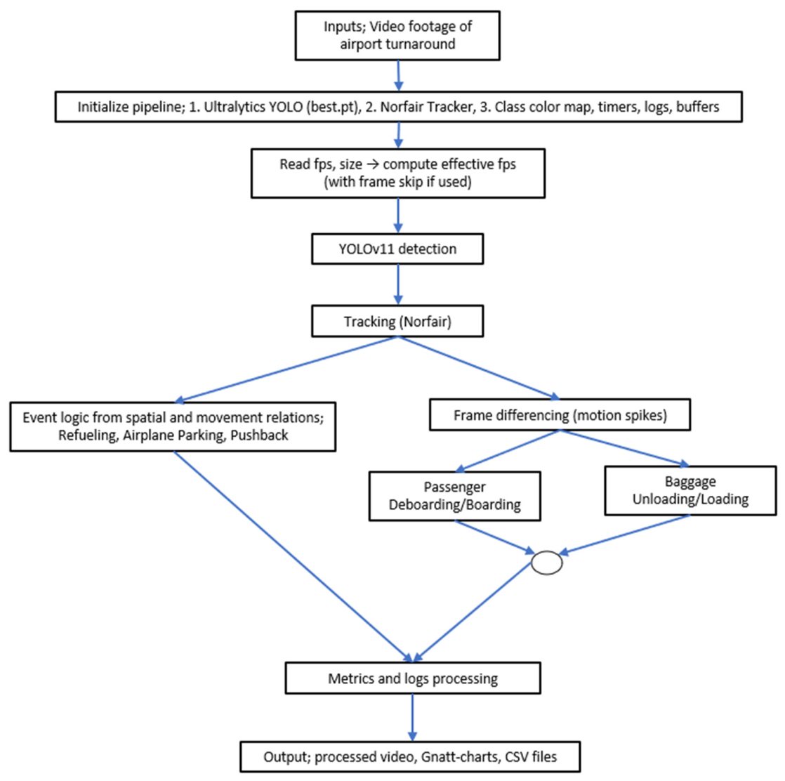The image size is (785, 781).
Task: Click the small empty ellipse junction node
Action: point(546,562)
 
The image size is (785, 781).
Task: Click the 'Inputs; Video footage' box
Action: point(397,36)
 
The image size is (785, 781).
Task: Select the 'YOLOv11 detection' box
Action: point(397,249)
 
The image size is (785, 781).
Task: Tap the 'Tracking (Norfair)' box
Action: point(397,321)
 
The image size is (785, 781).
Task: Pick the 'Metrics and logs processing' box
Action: point(413,678)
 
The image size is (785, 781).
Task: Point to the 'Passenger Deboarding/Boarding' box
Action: point(454,496)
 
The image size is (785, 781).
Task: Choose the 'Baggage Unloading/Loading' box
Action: point(690,491)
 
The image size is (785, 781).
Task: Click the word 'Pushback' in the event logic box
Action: point(259,435)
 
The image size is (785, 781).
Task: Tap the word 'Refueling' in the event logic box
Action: point(88,435)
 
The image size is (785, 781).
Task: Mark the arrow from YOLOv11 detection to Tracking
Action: point(398,284)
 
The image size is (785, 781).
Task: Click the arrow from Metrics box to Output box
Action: point(413,717)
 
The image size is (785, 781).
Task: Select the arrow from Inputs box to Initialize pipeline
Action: point(399,76)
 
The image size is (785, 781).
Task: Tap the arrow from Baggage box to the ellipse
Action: point(624,534)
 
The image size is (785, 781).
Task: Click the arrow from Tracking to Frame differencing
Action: point(479,368)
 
